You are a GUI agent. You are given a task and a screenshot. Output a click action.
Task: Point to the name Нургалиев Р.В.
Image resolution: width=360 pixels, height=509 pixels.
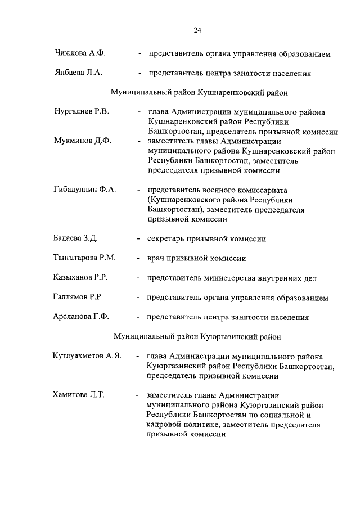click(x=81, y=112)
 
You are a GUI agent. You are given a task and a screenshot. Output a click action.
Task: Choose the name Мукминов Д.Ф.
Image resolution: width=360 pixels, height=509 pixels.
click(x=82, y=141)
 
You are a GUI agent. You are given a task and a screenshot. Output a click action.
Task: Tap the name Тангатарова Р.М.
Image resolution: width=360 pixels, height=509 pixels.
click(x=84, y=258)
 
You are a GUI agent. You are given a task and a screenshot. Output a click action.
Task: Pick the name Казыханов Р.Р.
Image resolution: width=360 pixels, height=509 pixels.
click(x=81, y=278)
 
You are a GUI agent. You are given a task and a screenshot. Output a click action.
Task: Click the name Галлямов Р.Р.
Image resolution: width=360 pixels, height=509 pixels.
click(x=78, y=298)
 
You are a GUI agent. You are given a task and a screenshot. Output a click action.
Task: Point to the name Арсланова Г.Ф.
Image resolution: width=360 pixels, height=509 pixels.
click(x=81, y=317)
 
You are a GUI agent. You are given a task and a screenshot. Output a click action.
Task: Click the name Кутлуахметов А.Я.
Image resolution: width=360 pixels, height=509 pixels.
click(x=87, y=356)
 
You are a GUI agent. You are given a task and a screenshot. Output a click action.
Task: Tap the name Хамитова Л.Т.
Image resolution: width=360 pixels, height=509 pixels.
click(x=79, y=395)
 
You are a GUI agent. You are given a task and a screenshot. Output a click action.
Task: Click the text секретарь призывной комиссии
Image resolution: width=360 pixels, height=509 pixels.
click(x=206, y=238)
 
